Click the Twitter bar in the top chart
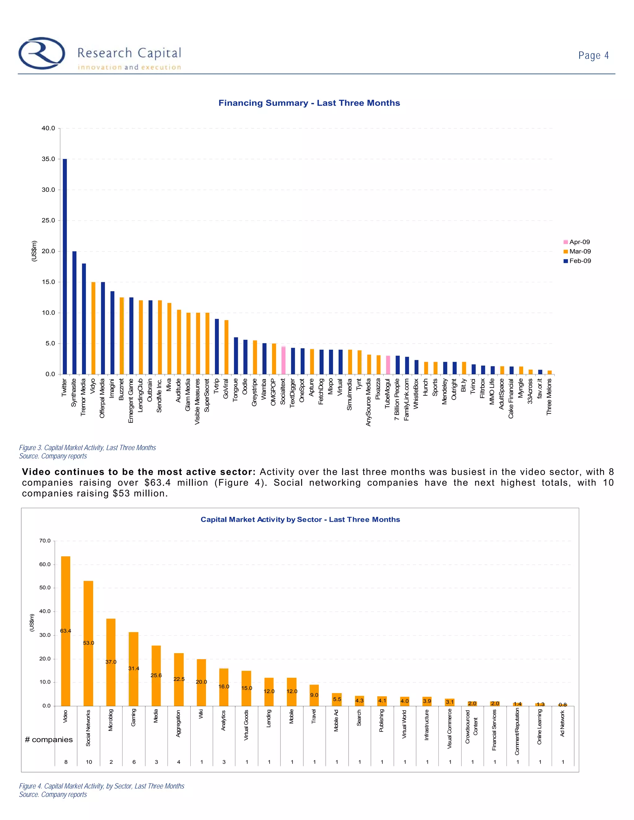coord(65,266)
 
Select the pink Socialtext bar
coord(284,360)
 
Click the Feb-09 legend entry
coord(577,261)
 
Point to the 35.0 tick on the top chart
coord(48,159)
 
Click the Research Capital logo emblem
coord(42,53)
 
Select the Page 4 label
coord(593,56)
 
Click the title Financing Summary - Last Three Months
coord(309,103)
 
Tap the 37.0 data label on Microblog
coord(111,662)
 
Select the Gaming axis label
coord(134,718)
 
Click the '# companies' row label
coord(49,740)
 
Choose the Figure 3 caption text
coord(88,447)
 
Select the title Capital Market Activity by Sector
coord(300,520)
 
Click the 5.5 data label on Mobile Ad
coord(337,699)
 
